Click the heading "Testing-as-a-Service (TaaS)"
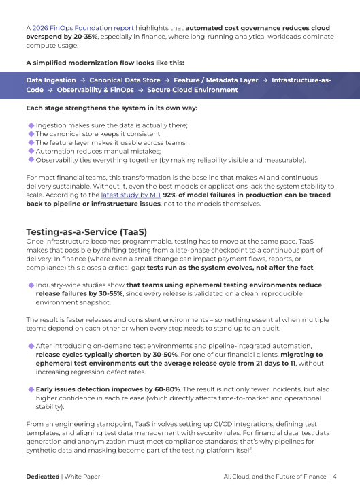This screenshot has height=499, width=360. pos(86,232)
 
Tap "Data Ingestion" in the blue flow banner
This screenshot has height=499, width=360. pos(51,80)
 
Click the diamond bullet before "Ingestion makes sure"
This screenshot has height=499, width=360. pos(31,125)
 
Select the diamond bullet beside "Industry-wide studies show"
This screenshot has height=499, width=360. pos(31,285)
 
